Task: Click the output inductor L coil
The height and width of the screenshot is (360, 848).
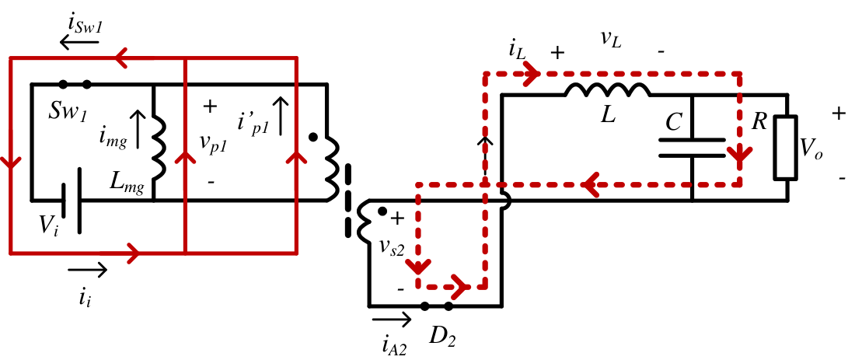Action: tap(607, 91)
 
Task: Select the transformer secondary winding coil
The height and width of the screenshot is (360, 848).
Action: tap(363, 222)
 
